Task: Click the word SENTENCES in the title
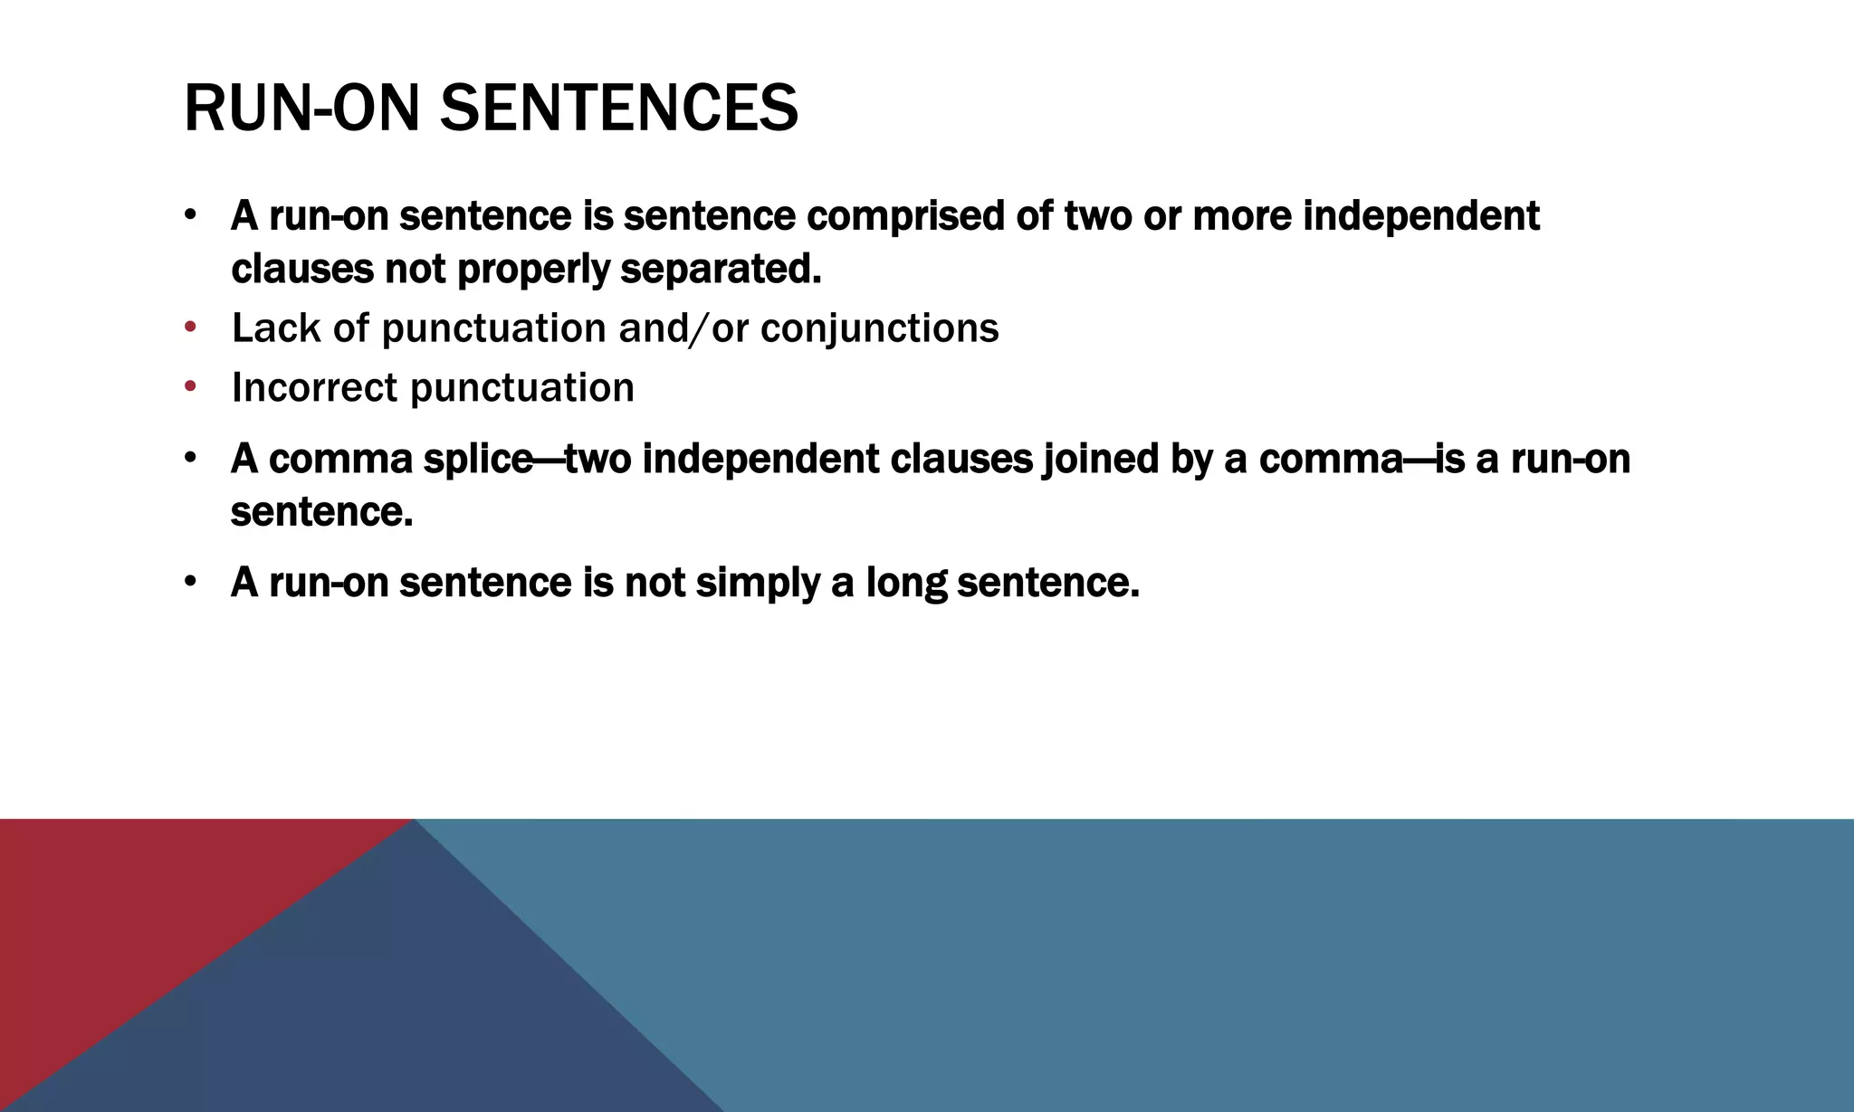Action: pyautogui.click(x=618, y=109)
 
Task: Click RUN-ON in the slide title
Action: pyautogui.click(x=301, y=109)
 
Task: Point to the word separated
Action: pyautogui.click(x=721, y=269)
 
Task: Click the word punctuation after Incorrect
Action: pyautogui.click(x=522, y=388)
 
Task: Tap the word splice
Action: pyautogui.click(x=477, y=460)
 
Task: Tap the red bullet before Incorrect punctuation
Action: pyautogui.click(x=190, y=386)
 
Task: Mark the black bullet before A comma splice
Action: pyautogui.click(x=190, y=458)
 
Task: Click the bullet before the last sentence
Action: pyautogui.click(x=190, y=581)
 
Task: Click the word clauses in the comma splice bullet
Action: pyautogui.click(x=961, y=460)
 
